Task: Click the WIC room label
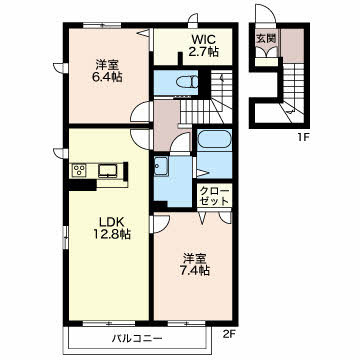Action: (203, 40)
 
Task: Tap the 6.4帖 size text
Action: (107, 77)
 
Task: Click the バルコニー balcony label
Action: (137, 339)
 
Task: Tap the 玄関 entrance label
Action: (266, 38)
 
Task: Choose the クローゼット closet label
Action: (214, 196)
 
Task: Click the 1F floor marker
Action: (302, 136)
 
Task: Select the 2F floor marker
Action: (228, 332)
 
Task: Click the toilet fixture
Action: (188, 82)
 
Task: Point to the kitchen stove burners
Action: (79, 171)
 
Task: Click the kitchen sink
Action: (107, 171)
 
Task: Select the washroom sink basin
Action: (161, 166)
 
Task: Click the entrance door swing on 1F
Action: (266, 14)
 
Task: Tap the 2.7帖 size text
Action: (203, 51)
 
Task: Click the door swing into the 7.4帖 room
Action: (161, 223)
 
